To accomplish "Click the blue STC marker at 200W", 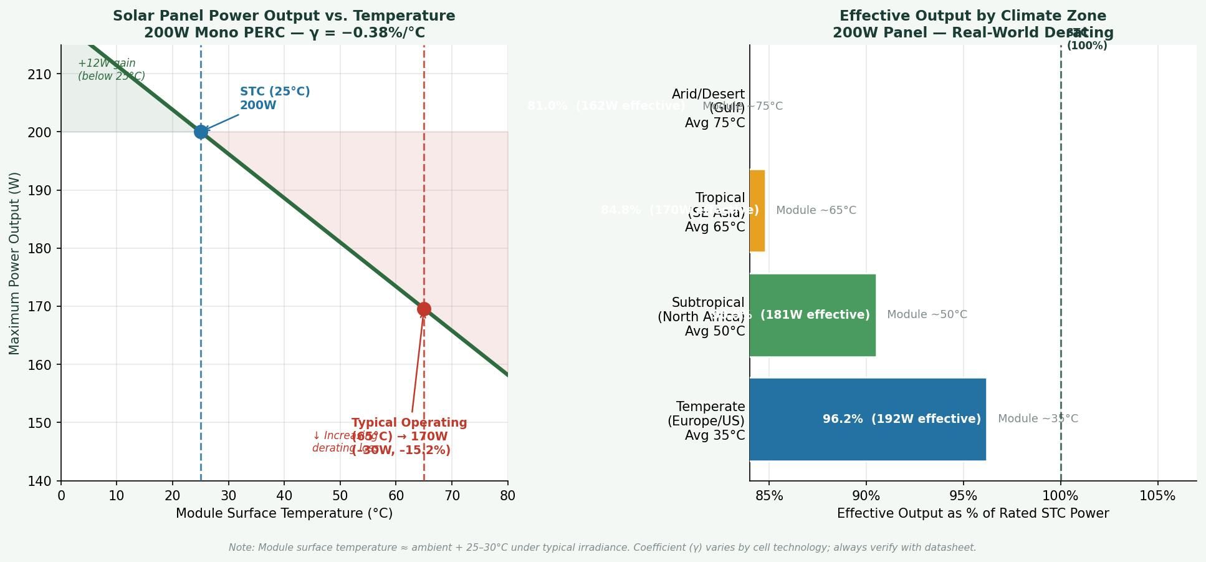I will point(201,132).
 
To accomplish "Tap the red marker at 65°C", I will point(424,309).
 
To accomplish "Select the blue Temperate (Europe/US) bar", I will point(867,419).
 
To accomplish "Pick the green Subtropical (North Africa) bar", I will point(812,315).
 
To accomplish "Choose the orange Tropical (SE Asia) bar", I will point(757,211).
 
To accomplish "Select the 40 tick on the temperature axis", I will point(284,496).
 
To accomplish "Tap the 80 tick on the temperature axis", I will point(507,496).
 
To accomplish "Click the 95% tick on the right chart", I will point(963,496).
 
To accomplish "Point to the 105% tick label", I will point(1157,496).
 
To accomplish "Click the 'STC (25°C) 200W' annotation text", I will point(275,99).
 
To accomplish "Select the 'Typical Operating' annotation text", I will point(409,423).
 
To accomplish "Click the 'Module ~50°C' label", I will point(927,314).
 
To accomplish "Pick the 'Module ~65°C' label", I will point(816,210).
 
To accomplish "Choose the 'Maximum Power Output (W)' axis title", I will point(14,263).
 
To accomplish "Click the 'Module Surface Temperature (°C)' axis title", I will point(284,513).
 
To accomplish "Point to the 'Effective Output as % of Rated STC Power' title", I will point(972,513).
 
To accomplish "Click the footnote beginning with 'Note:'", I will point(602,548).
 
